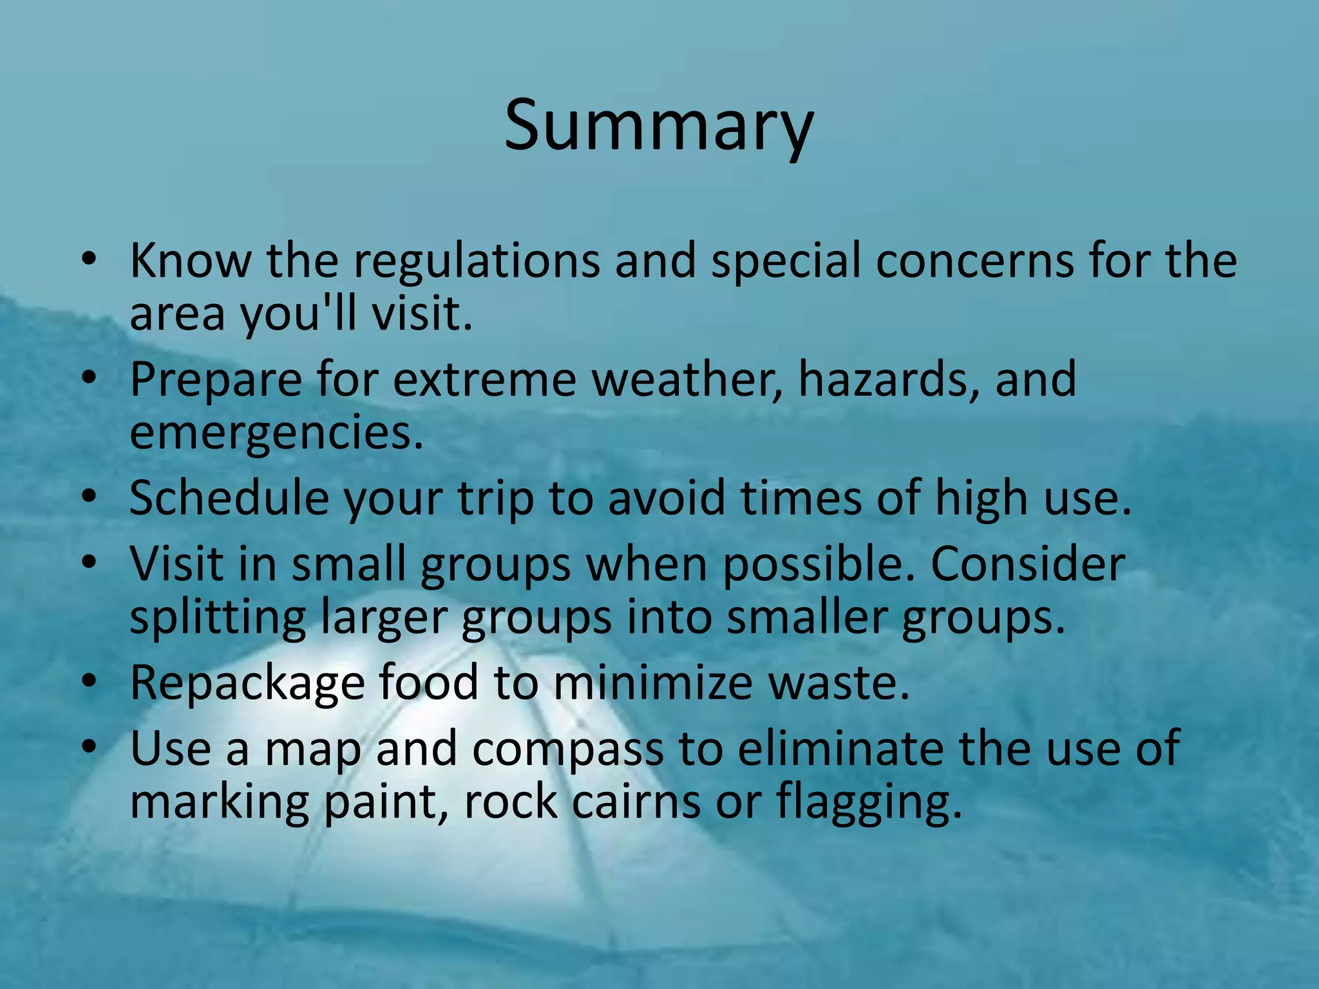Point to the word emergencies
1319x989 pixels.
[x=276, y=434]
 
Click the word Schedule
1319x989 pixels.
[x=229, y=499]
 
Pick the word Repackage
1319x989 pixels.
[x=247, y=683]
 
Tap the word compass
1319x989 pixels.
[x=567, y=749]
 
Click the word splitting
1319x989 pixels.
[x=218, y=619]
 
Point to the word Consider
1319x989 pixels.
[x=1027, y=565]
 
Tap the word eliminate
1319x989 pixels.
[x=840, y=749]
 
